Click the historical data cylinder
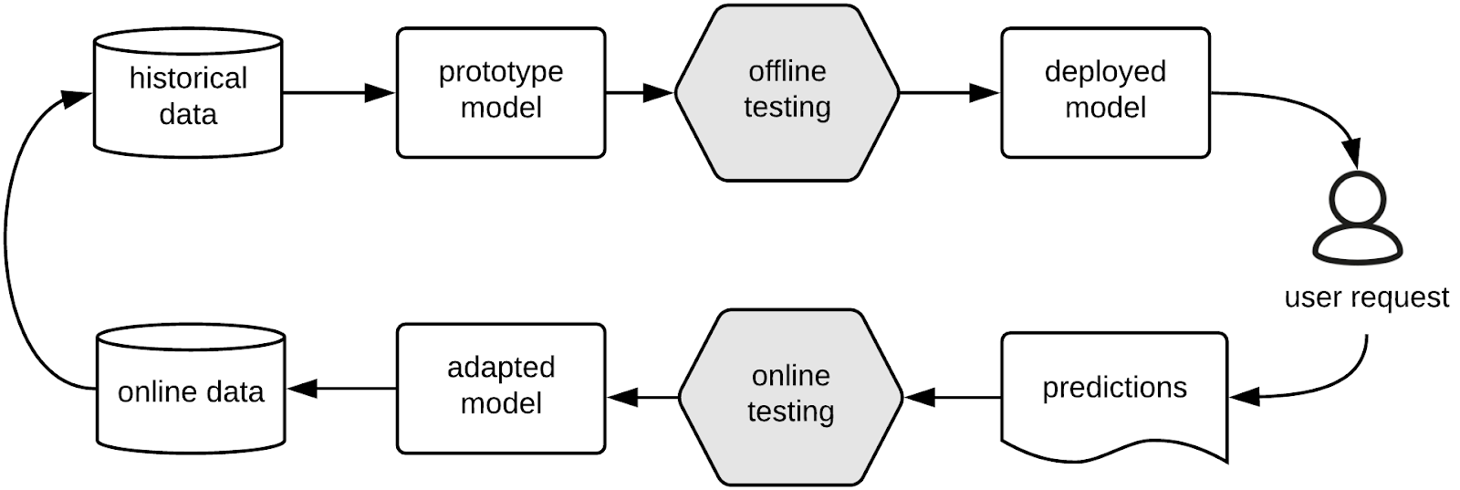click(x=188, y=95)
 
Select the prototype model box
click(x=500, y=92)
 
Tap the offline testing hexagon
click(x=787, y=92)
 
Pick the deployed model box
click(x=1105, y=92)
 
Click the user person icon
click(x=1356, y=219)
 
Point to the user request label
click(x=1366, y=297)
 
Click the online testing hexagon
click(x=790, y=396)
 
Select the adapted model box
click(x=500, y=388)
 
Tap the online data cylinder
click(x=191, y=390)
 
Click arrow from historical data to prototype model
click(x=338, y=92)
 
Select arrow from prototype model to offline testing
click(x=639, y=92)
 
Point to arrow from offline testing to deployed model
click(x=949, y=92)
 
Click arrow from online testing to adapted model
click(x=642, y=397)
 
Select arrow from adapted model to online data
click(x=342, y=389)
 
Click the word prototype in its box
click(x=500, y=72)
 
